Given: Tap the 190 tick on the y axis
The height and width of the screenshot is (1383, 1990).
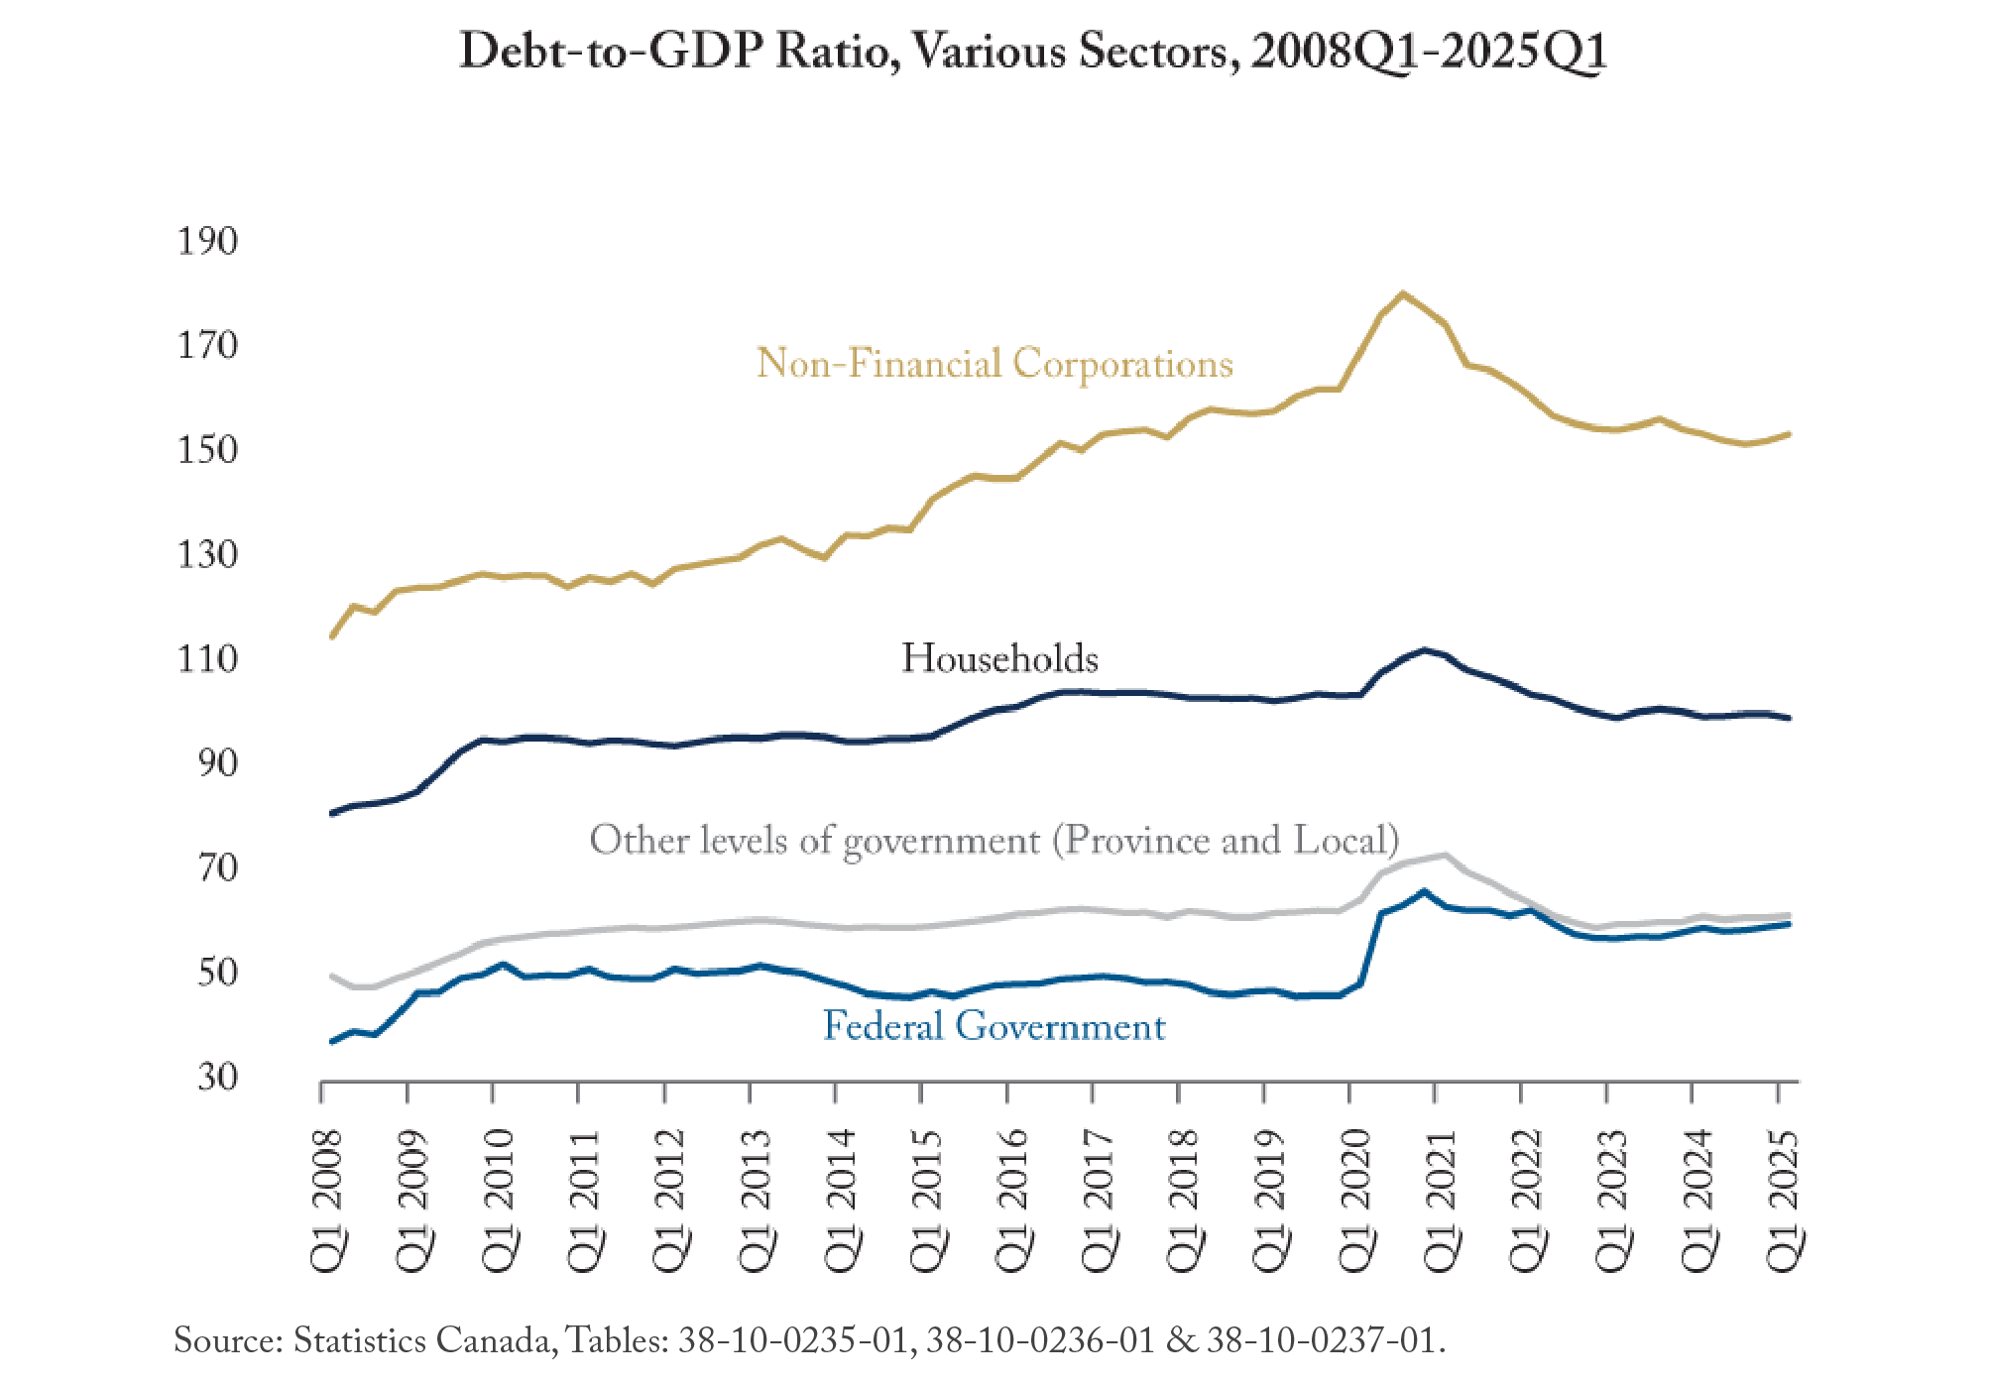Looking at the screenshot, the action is (x=207, y=241).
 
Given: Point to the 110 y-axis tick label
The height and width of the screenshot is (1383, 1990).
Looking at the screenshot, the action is (x=207, y=658).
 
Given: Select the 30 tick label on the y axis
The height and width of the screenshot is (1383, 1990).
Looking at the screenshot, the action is (x=217, y=1076).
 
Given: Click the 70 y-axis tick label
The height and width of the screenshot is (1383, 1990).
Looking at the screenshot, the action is (x=217, y=867).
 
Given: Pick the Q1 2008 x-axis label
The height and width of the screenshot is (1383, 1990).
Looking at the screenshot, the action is (x=327, y=1201).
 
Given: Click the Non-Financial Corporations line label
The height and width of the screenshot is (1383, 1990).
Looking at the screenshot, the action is (x=995, y=364).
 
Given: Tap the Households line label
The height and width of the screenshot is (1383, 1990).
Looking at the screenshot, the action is (x=999, y=658).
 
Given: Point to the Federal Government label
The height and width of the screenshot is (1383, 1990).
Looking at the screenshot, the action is (x=995, y=1026).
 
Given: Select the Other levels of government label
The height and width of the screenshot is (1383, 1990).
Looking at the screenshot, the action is (x=995, y=841).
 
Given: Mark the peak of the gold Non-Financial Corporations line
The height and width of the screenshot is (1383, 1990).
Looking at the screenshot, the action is (x=1403, y=293).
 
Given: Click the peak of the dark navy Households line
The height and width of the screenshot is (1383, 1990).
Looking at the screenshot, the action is (x=1424, y=649).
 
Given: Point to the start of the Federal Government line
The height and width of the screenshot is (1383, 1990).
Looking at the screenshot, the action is (x=331, y=1041).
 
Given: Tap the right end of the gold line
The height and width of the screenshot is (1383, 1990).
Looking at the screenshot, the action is (x=1789, y=433).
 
